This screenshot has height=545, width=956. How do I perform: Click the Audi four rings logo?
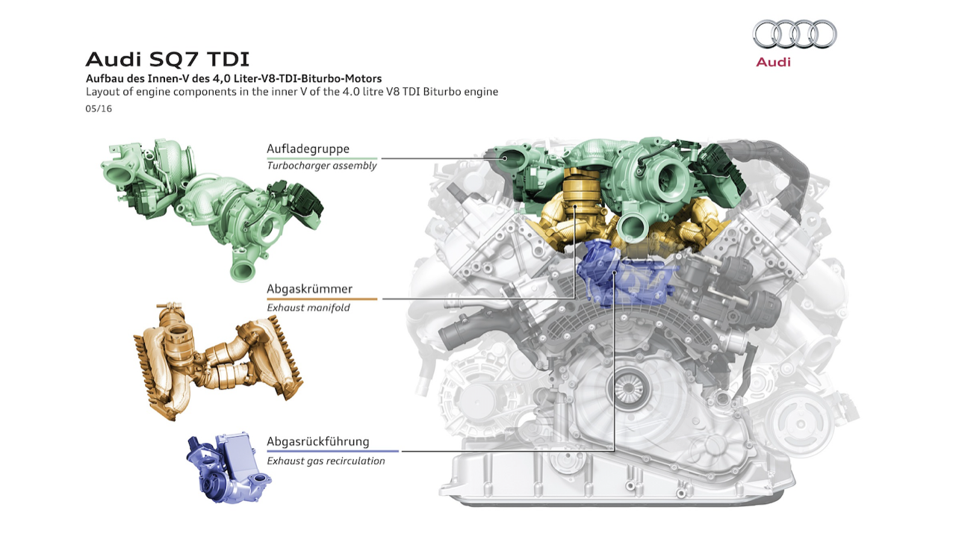click(x=794, y=34)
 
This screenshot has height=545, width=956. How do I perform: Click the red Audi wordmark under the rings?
click(x=773, y=62)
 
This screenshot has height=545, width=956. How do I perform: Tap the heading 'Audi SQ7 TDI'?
click(x=167, y=59)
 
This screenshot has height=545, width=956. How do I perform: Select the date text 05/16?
click(x=99, y=109)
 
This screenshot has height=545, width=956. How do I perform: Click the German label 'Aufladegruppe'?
click(x=308, y=149)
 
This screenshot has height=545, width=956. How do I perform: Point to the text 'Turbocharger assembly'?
click(x=322, y=166)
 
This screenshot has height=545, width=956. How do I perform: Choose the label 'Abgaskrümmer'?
click(x=309, y=289)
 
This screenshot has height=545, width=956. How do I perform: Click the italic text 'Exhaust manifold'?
click(x=308, y=308)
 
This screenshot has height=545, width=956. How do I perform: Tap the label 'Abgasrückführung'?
click(x=318, y=441)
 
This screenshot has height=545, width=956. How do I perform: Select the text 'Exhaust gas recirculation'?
click(x=326, y=461)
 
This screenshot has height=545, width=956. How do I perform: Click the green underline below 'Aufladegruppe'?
click(x=322, y=158)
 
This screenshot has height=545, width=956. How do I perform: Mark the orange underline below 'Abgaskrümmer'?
click(x=322, y=299)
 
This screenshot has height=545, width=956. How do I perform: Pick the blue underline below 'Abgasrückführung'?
click(x=333, y=451)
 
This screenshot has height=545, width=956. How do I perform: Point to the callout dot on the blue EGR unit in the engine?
click(x=614, y=272)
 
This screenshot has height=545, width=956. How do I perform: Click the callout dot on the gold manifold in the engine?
click(x=575, y=207)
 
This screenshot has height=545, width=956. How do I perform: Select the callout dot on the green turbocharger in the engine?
click(x=505, y=158)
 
